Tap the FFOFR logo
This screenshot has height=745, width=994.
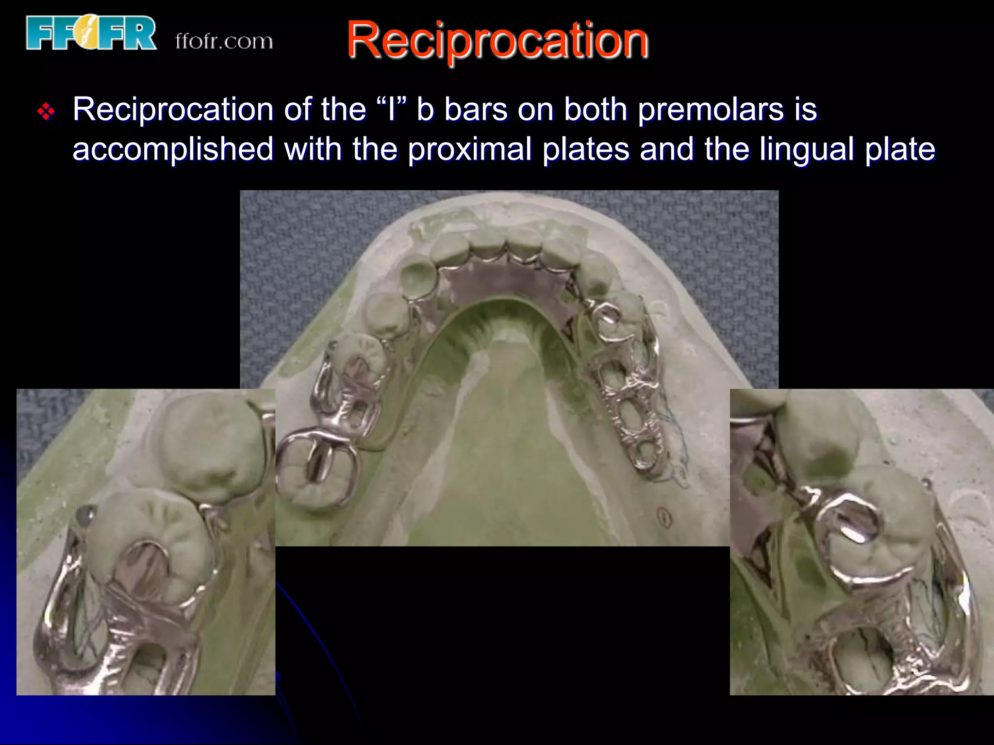point(91,33)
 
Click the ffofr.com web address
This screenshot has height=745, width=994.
point(224,42)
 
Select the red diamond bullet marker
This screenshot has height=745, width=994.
point(46,112)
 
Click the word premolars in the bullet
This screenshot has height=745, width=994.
point(710,110)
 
